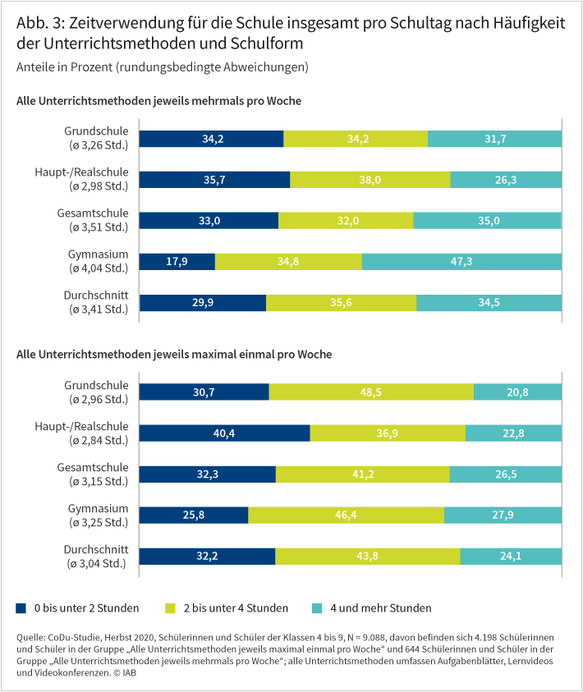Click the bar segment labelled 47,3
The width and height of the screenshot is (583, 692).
[461, 261]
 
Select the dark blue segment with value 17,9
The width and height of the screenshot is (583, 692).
[177, 261]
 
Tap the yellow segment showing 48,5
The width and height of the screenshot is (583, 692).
[371, 392]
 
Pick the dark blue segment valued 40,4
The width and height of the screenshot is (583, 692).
[224, 433]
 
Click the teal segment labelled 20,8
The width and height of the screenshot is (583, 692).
[517, 392]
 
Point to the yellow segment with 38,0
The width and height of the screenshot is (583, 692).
[370, 179]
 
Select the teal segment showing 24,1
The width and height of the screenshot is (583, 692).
[511, 556]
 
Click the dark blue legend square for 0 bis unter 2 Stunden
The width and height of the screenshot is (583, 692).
[21, 608]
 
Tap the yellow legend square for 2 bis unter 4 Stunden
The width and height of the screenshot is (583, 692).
[171, 608]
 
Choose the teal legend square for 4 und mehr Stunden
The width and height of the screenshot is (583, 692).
[317, 608]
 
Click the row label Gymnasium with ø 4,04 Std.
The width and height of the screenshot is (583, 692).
[98, 261]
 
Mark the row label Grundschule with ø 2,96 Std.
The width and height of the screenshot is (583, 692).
[98, 392]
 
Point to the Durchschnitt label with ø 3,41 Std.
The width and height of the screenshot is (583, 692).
[96, 302]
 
